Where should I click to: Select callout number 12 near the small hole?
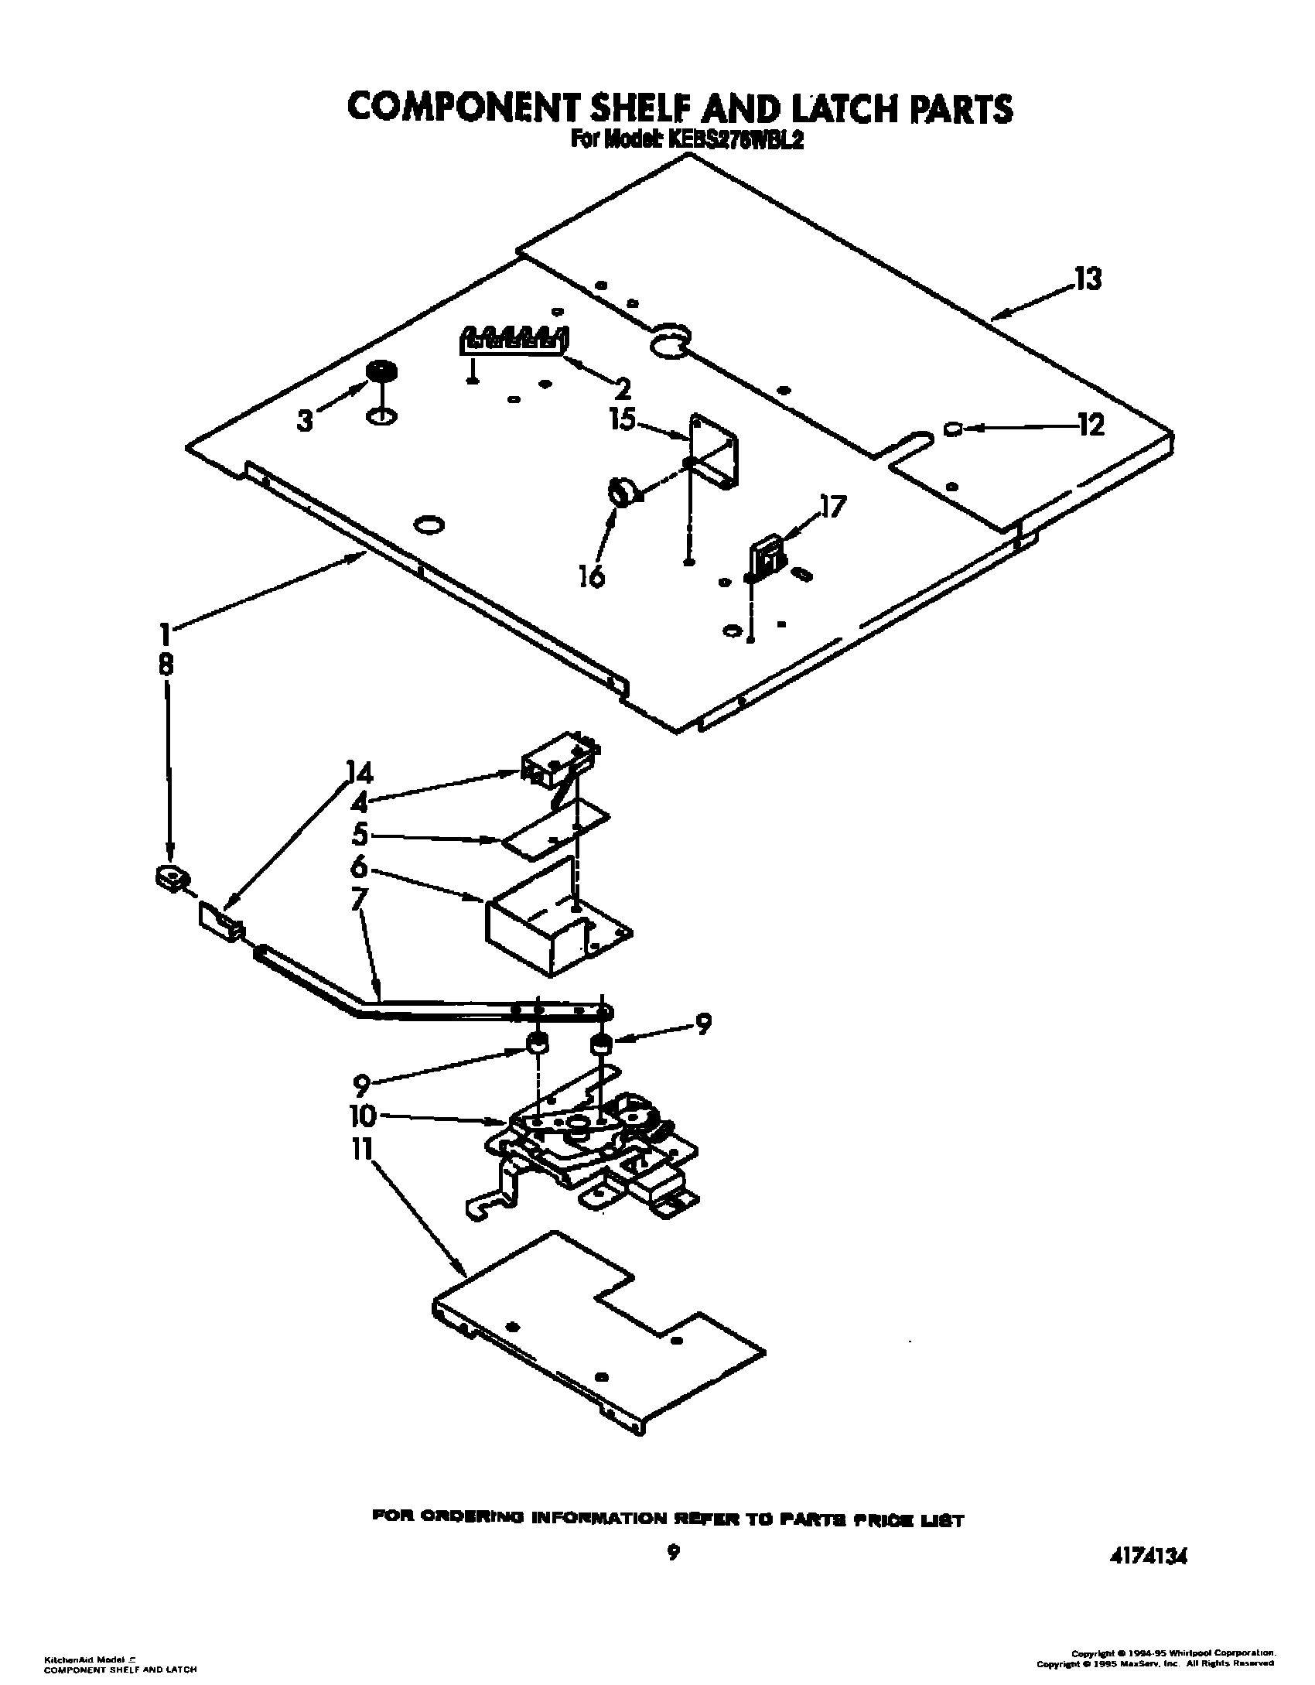(x=1091, y=425)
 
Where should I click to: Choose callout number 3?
(x=306, y=422)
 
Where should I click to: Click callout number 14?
(x=360, y=774)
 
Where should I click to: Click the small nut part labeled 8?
(x=172, y=877)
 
